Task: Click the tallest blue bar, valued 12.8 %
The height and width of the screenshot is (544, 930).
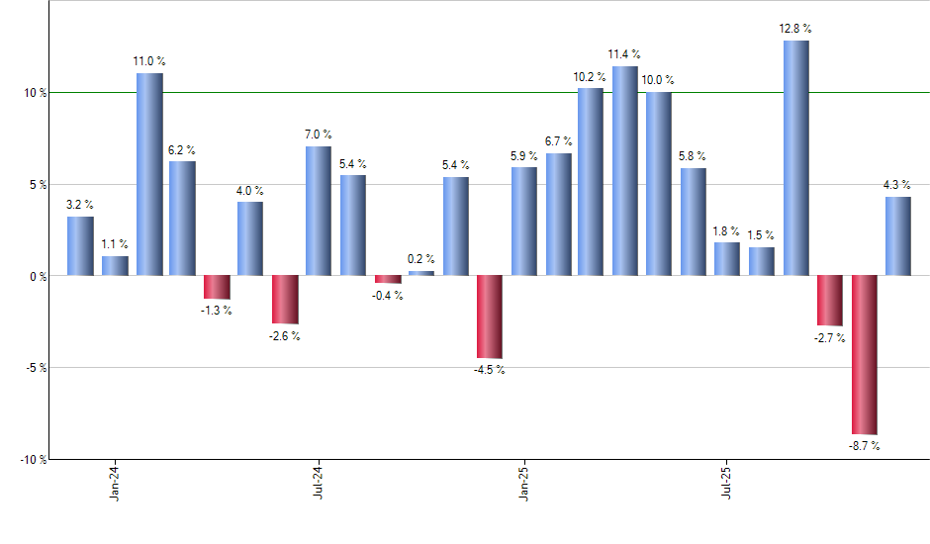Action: pos(795,157)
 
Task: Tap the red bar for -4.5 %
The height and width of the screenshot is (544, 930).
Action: pos(490,317)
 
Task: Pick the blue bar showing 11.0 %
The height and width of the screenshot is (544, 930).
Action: pos(149,174)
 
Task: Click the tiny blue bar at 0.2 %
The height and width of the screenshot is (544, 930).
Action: pos(421,273)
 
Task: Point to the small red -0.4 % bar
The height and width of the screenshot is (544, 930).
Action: pos(388,279)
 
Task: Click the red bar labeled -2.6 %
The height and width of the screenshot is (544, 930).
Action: pos(285,299)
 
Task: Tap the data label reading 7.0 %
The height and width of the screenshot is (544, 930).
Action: pos(319,135)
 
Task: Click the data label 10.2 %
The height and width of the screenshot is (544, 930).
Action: pos(591,76)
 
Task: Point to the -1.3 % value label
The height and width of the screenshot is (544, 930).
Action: pos(217,311)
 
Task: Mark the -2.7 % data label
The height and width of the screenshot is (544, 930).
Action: pos(830,337)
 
